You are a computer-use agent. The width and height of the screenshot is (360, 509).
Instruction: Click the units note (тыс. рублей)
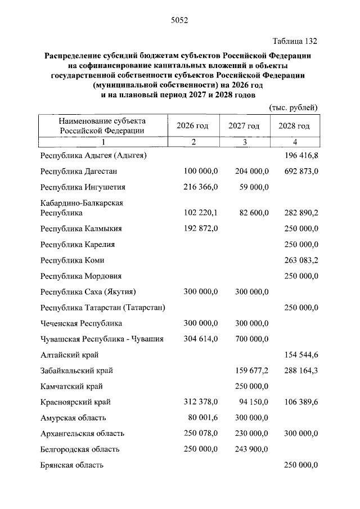[294, 107]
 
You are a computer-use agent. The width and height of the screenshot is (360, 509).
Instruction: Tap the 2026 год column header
[192, 126]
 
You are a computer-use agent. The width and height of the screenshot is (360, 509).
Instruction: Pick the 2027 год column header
[244, 126]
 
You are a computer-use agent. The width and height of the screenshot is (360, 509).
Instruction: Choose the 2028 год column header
[294, 126]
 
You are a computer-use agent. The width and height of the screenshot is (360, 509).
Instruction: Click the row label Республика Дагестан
[79, 171]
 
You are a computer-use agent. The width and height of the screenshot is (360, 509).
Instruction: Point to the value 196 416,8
[299, 155]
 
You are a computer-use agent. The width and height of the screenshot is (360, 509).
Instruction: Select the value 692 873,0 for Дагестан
[299, 171]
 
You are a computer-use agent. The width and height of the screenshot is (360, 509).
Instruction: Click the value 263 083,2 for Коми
[299, 260]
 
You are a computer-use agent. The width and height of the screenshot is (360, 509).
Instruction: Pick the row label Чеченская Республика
[82, 323]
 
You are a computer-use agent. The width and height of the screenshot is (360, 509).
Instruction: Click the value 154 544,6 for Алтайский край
[299, 355]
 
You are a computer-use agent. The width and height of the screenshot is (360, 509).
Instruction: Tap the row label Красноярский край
[76, 402]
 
